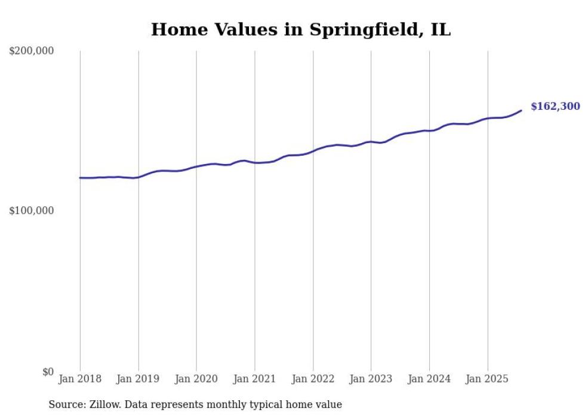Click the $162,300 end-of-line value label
(x=555, y=107)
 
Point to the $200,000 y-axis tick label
(x=31, y=51)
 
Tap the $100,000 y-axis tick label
(x=31, y=211)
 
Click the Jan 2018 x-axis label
(x=80, y=379)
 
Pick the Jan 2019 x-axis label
(x=138, y=379)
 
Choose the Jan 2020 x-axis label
(x=196, y=379)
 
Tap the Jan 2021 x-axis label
(x=255, y=379)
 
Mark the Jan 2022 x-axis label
(x=313, y=379)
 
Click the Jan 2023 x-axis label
(x=371, y=379)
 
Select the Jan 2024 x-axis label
(x=429, y=379)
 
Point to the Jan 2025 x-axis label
(x=488, y=379)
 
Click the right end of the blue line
(x=521, y=110)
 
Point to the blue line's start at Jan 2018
(x=81, y=178)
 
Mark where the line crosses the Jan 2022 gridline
(x=313, y=151)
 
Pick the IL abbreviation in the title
(x=441, y=29)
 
